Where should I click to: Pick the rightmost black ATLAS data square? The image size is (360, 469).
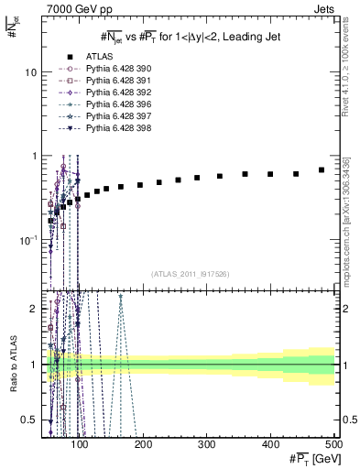point(322,169)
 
